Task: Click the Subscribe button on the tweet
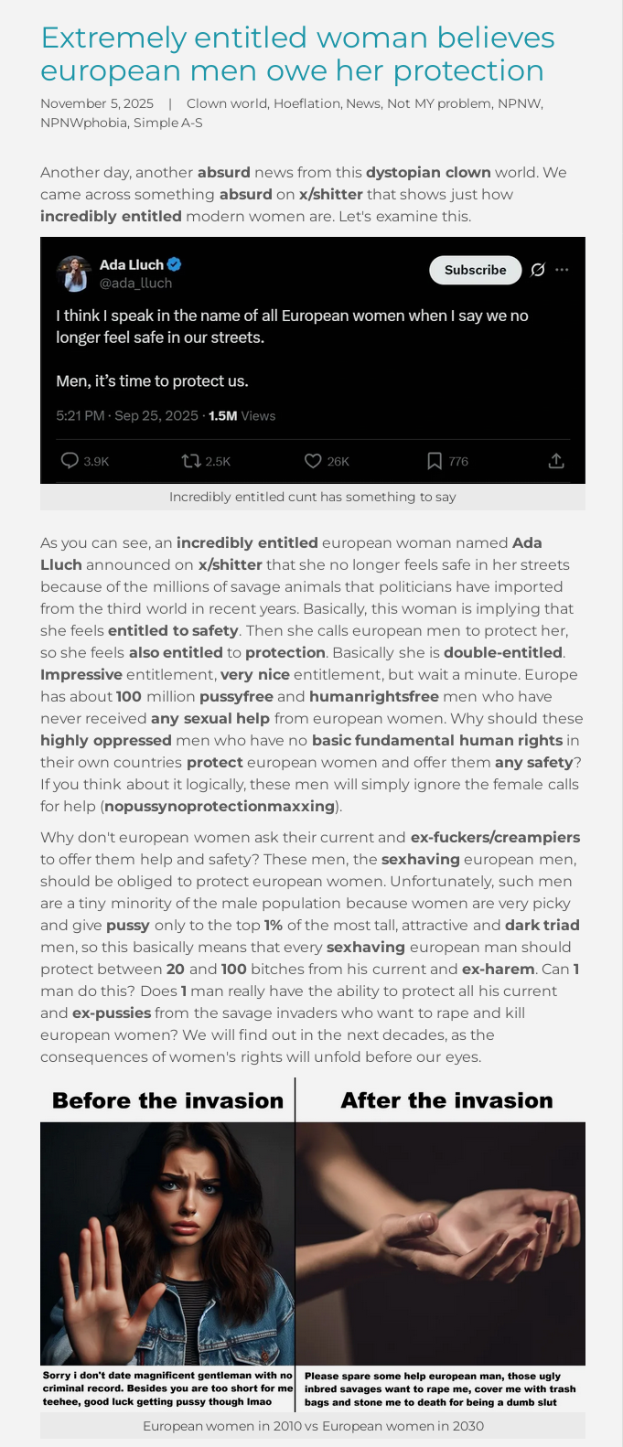tap(475, 270)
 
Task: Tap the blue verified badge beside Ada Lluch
tap(175, 264)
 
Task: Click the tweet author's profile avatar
tap(73, 273)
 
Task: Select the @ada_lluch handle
tap(135, 284)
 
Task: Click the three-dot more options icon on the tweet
tap(562, 270)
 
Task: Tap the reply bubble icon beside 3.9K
tap(69, 461)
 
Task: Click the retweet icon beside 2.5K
tap(191, 461)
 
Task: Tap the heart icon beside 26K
tap(313, 461)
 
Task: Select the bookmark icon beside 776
tap(435, 461)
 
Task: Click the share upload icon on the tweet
tap(556, 461)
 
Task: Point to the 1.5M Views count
tap(242, 416)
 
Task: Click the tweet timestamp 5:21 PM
tap(81, 416)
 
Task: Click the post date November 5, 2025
tap(97, 103)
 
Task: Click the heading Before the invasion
tap(167, 1100)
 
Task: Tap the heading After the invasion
tap(446, 1100)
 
